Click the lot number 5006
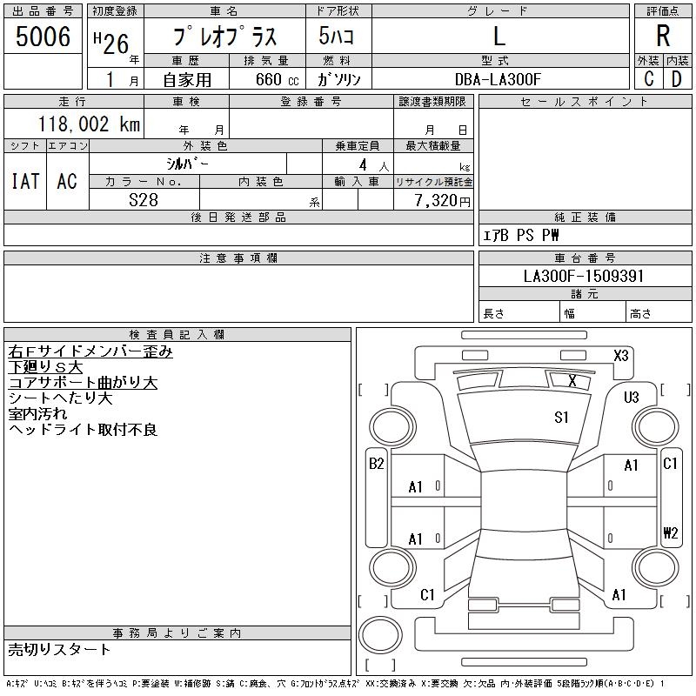coord(43,36)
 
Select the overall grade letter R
coord(663,36)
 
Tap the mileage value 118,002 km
coord(89,124)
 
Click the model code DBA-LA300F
coord(498,79)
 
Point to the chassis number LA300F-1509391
coord(584,276)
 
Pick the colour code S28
coord(144,200)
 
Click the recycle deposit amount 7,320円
coord(443,201)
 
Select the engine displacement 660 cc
coord(277,79)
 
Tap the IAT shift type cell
coord(25,181)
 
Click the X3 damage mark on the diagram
coord(621,356)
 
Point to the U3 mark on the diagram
coord(632,397)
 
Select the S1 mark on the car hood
coord(561,418)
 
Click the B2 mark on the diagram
coord(377,464)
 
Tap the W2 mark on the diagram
coord(671,532)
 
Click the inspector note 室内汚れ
coord(37,414)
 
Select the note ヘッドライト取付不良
coord(83,430)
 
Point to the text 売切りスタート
coord(59,650)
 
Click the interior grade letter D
coord(677,79)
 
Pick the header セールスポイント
coord(585,102)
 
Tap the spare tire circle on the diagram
coord(380,635)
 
